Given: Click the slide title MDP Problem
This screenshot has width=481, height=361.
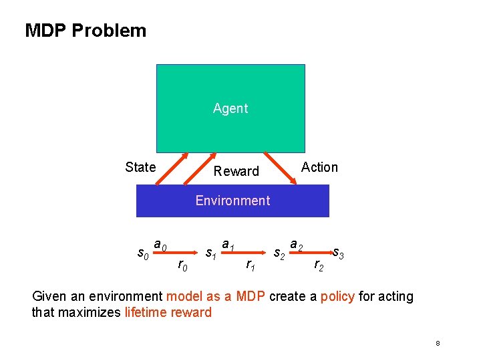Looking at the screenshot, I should [x=86, y=31].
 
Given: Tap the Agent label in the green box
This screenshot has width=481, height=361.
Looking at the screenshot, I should [x=230, y=108].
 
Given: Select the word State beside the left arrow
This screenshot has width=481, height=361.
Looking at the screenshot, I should [x=140, y=167].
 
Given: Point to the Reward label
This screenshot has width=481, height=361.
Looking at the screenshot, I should [x=236, y=171].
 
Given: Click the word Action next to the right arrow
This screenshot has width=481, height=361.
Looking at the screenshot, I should [x=319, y=167].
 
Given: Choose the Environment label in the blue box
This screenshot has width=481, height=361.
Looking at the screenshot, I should [x=232, y=201].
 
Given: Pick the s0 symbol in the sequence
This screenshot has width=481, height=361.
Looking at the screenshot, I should [x=142, y=253].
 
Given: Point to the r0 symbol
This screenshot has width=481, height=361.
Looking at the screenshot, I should [x=182, y=266].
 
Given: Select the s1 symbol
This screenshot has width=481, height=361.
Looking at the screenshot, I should [x=210, y=253].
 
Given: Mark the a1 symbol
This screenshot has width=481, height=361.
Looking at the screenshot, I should [x=228, y=245].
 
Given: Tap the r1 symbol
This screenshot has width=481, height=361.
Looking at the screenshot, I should [x=250, y=266].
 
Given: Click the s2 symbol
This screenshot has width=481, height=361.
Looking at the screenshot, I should [x=280, y=253].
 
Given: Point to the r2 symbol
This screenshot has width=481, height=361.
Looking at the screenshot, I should [x=319, y=266].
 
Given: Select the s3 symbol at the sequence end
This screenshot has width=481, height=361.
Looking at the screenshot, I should [x=339, y=253].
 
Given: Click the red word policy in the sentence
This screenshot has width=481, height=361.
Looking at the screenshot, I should [x=337, y=296].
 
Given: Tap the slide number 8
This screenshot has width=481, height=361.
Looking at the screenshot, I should [x=438, y=343].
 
